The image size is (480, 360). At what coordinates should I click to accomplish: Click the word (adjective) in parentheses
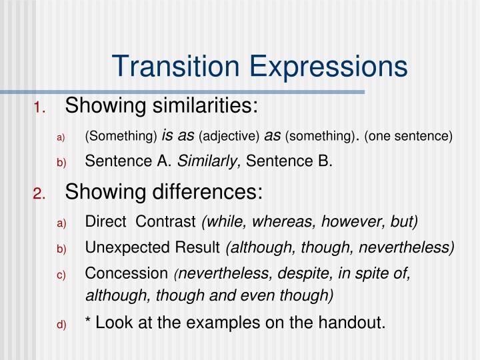click(x=229, y=136)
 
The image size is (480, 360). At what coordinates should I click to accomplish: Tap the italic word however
click(x=346, y=221)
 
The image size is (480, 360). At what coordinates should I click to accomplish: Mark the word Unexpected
click(x=119, y=248)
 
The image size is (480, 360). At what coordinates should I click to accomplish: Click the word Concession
click(x=126, y=273)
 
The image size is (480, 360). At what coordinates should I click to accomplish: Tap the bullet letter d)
click(x=61, y=325)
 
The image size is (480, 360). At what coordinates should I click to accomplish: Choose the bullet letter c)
click(x=61, y=275)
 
